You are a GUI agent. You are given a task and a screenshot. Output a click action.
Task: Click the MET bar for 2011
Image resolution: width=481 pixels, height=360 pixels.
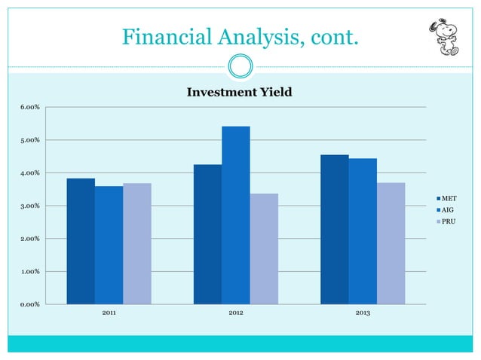[81, 241]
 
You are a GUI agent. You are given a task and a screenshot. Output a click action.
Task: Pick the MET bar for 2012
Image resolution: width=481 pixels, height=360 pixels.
[207, 234]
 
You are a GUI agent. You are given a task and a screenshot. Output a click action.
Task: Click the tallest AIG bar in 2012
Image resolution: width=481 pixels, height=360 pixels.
[235, 215]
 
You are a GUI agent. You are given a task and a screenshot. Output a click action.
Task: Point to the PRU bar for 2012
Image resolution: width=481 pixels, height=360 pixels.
[264, 249]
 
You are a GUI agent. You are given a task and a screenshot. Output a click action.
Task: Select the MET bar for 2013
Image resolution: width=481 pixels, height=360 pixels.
[334, 229]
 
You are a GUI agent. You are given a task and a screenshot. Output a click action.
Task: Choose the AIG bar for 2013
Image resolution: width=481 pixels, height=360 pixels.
[363, 231]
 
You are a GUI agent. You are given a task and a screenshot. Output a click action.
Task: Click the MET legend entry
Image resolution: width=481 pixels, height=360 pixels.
[448, 197]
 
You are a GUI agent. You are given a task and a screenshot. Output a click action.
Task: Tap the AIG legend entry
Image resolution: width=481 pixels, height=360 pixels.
[447, 209]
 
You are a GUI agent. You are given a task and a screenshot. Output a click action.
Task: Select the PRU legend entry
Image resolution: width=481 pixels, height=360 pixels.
[447, 221]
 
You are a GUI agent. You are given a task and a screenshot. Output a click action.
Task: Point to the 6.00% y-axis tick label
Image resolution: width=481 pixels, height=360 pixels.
[30, 107]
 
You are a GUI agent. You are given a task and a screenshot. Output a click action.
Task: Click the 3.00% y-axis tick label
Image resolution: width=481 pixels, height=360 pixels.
[30, 206]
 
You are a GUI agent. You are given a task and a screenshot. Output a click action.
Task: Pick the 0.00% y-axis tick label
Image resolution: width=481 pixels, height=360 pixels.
[30, 304]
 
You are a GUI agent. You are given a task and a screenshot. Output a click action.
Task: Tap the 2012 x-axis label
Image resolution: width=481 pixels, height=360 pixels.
[235, 313]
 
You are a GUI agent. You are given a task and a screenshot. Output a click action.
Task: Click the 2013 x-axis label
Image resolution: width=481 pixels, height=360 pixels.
[362, 313]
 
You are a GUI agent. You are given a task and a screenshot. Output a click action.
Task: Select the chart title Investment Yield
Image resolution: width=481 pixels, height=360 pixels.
[239, 93]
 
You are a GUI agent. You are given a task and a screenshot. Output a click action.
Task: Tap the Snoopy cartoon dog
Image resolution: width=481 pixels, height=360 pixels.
[444, 35]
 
